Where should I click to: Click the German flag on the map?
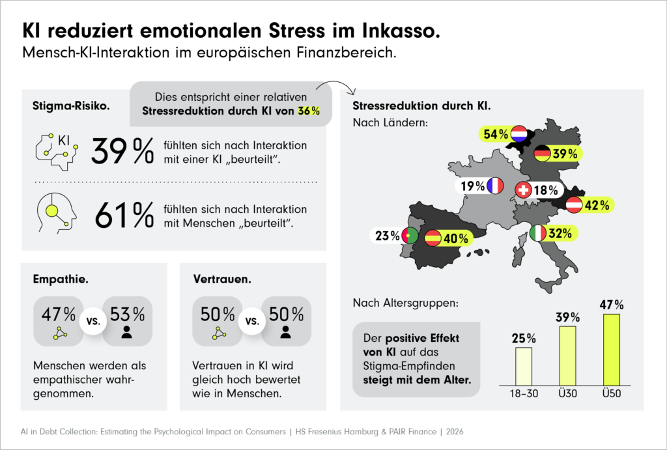[x=542, y=154]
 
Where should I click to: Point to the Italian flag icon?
[x=538, y=233]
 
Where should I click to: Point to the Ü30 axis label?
[x=567, y=393]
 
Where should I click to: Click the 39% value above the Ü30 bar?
[x=567, y=317]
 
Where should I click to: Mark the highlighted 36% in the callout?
[x=309, y=111]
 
